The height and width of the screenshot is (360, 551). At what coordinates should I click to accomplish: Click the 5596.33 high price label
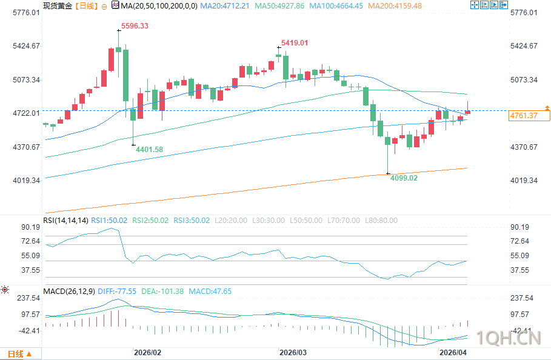(x=135, y=26)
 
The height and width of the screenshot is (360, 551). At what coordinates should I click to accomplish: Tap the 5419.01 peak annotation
(x=295, y=43)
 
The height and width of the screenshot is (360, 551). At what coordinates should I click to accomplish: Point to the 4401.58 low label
(x=150, y=149)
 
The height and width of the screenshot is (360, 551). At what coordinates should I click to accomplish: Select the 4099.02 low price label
(x=404, y=178)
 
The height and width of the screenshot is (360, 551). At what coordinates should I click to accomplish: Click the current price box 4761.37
(x=524, y=115)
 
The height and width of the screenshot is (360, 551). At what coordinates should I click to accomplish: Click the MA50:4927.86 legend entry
(x=279, y=5)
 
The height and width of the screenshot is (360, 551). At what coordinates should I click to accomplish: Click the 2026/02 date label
(x=147, y=352)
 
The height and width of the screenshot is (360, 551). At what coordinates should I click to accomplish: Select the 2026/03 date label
(x=293, y=352)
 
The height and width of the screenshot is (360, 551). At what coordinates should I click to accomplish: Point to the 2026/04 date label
(x=453, y=352)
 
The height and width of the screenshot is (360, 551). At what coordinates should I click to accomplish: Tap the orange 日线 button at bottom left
(x=16, y=354)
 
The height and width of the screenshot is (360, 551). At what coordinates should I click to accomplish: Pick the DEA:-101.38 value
(x=162, y=292)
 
